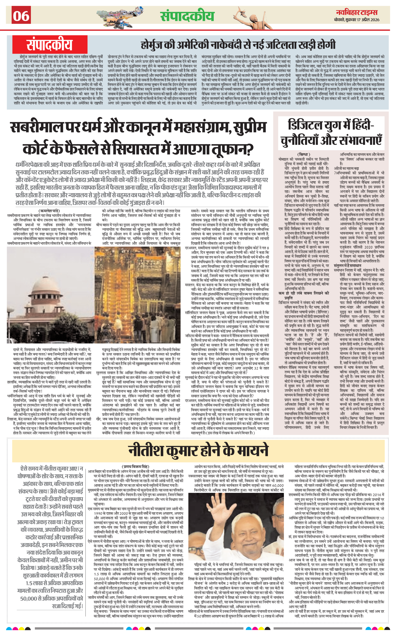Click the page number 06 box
[x=21, y=15]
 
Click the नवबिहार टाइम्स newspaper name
[x=357, y=12]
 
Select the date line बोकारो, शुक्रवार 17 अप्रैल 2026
[x=356, y=20]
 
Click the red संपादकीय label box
[x=50, y=45]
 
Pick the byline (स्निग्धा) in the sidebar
[x=304, y=154]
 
